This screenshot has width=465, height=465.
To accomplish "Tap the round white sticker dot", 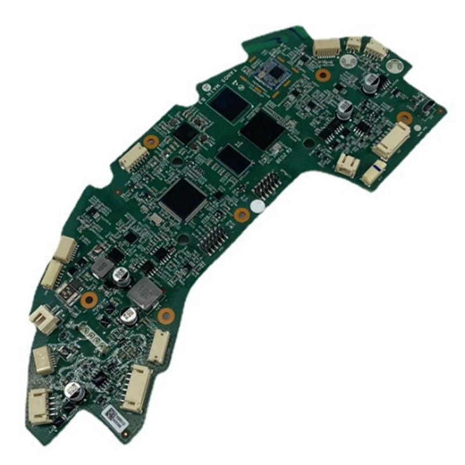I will point(257,206).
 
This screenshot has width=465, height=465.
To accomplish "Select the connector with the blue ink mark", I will point(373,173).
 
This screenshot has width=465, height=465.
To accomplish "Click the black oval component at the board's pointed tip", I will point(428,107).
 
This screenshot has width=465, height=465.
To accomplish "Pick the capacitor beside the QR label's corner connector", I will point(74,391).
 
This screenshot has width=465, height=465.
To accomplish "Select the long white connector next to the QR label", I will point(137,388).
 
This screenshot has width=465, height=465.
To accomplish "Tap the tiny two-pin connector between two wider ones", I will point(353,42).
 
